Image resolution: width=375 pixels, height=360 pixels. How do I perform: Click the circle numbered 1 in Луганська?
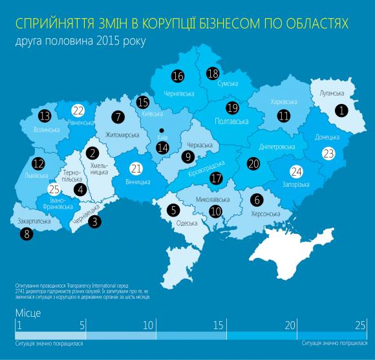[x=341, y=110]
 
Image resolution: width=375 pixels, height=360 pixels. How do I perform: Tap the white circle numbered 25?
[x=55, y=190]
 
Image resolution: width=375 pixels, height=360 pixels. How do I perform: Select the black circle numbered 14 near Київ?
[x=163, y=147]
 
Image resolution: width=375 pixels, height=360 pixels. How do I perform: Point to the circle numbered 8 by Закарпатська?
[x=27, y=236]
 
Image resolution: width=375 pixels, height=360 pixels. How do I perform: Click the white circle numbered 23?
[x=329, y=154]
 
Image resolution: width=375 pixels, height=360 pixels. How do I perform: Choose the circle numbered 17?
[x=216, y=179]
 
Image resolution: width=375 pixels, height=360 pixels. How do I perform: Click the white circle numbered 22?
[x=79, y=110]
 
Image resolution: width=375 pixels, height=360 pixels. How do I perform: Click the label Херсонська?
[x=265, y=213]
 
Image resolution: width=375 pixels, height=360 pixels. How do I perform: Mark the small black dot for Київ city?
[x=162, y=129]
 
